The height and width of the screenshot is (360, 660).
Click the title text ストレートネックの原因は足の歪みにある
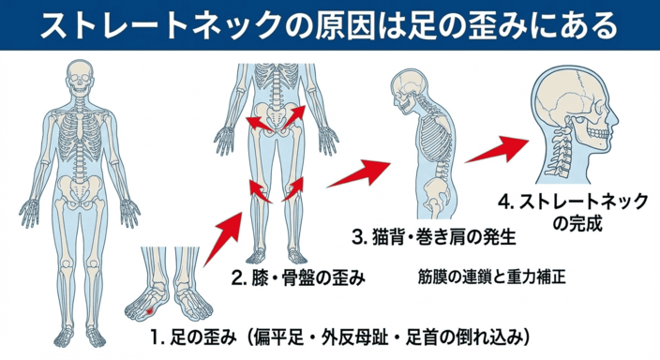click(330, 25)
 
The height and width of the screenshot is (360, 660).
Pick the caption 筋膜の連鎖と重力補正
click(492, 277)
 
